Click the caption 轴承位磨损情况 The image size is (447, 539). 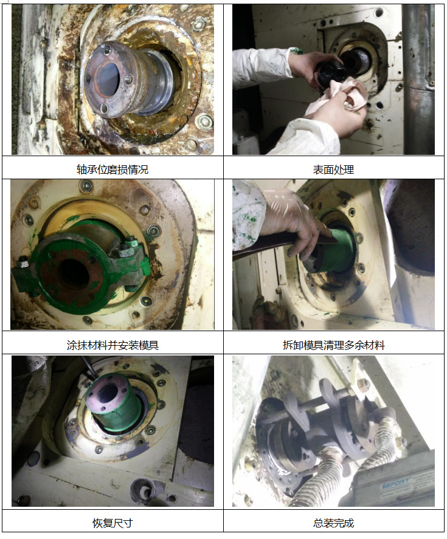[113, 170]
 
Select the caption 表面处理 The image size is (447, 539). [333, 170]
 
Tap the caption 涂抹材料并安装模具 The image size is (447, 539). [113, 345]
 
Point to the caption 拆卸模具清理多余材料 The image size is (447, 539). [333, 345]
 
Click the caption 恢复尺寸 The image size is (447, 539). [113, 523]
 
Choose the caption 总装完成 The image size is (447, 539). [333, 523]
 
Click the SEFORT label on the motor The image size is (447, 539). [395, 483]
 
